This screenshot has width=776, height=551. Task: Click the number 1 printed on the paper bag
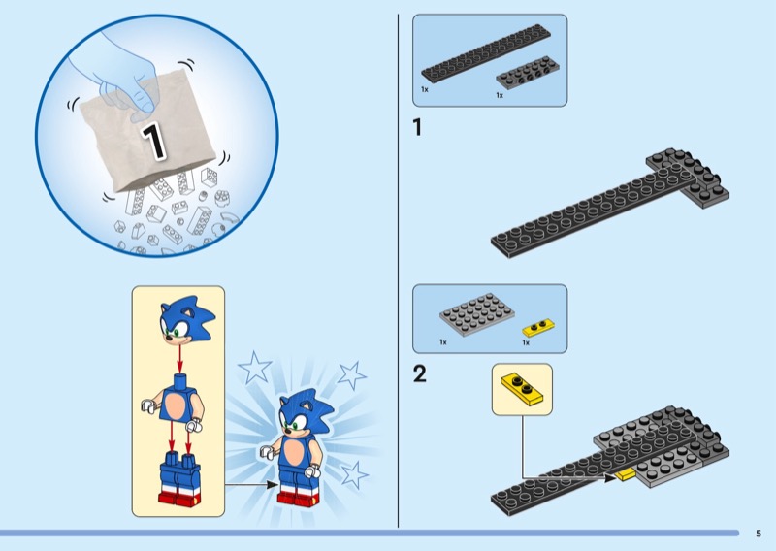point(153,141)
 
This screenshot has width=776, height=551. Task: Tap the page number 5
point(759,534)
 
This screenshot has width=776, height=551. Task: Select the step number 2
point(419,373)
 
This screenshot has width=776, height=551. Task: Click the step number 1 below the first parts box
point(417,127)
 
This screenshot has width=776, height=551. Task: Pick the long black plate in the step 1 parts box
point(486,53)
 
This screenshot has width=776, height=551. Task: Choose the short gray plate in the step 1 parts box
point(528,73)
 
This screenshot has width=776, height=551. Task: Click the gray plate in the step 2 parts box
point(476,314)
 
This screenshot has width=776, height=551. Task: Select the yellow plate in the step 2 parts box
point(538,327)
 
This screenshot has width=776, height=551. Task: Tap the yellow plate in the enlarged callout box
point(522,389)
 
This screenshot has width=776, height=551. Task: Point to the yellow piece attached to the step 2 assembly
point(625,474)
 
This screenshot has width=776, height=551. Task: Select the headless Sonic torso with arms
point(173,400)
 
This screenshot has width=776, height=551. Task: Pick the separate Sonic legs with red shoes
point(179,477)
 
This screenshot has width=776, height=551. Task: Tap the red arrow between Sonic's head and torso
point(180,358)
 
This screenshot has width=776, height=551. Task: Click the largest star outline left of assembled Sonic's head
point(255,368)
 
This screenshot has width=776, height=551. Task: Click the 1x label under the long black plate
point(425,89)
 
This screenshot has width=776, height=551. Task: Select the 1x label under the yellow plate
point(526,342)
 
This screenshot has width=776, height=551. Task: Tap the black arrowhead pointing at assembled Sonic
point(273,484)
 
